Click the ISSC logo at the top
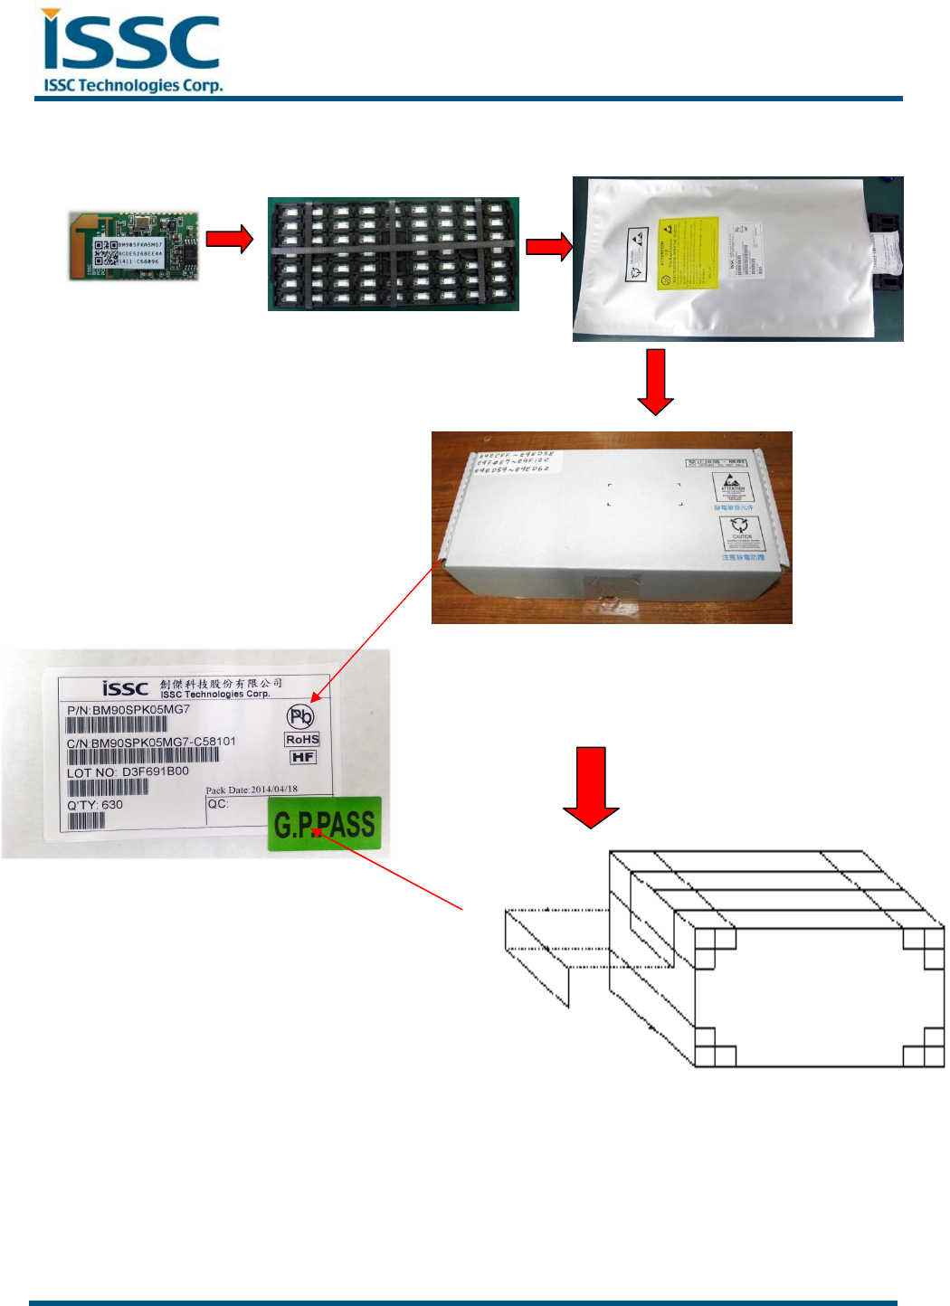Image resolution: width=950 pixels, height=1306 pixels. click(x=131, y=43)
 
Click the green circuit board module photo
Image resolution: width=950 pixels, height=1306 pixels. click(x=134, y=246)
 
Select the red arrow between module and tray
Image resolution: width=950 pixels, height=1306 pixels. click(x=229, y=239)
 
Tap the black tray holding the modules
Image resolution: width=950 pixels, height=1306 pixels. click(x=393, y=254)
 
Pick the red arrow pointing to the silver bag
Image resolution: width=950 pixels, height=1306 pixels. click(x=549, y=246)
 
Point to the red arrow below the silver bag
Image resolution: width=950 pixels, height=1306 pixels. click(x=655, y=381)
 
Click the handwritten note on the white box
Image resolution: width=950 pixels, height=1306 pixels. click(x=513, y=461)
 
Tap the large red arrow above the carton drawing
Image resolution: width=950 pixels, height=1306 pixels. click(x=591, y=786)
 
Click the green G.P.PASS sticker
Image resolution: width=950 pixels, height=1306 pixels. click(x=325, y=824)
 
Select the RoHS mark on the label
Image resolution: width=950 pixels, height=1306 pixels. click(x=302, y=740)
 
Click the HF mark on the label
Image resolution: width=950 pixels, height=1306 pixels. click(x=303, y=757)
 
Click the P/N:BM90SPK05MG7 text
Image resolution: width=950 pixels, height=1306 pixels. click(x=128, y=710)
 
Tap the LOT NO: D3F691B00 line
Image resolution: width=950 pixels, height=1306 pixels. click(x=128, y=772)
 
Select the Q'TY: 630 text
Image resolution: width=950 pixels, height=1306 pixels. click(x=95, y=805)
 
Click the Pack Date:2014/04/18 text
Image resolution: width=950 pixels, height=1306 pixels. click(x=252, y=790)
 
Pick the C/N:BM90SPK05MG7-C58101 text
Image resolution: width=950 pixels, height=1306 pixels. click(x=151, y=742)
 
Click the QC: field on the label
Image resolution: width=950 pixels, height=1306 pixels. click(x=218, y=804)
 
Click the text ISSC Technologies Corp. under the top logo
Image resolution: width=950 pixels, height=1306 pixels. click(x=133, y=86)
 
